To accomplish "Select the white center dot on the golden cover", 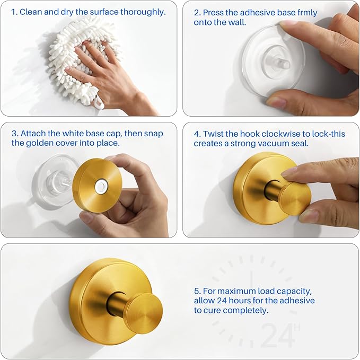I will (100, 186).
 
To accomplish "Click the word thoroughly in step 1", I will (143, 12).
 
